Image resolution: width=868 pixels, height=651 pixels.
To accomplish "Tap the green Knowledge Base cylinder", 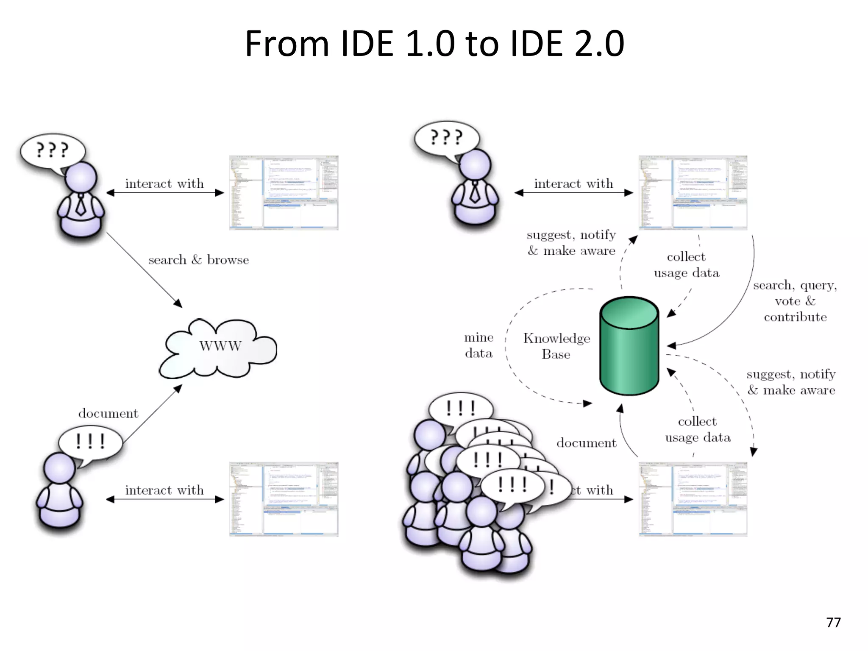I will pos(629,345).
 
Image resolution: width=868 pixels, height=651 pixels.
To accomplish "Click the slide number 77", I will pos(833,622).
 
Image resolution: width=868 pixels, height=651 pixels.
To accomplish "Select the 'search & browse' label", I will pos(198,260).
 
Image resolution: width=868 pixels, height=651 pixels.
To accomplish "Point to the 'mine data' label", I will pos(479,345).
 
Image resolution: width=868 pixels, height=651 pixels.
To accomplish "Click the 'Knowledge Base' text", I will pos(556,346).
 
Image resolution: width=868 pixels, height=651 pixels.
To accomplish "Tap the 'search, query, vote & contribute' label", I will pos(795,301).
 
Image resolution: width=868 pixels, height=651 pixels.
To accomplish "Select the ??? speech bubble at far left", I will pos(52,150).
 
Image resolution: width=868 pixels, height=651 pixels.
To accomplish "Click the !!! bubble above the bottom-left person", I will pos(90,442).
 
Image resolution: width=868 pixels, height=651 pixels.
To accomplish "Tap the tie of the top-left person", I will pos(81,206).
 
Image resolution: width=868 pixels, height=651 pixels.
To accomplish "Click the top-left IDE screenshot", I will pos(284,193).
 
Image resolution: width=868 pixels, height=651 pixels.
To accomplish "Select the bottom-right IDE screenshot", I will pos(693,499).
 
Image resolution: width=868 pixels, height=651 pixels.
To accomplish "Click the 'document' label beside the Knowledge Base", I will pos(586,443).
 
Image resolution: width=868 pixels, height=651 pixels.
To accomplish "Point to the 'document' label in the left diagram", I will pos(108,413).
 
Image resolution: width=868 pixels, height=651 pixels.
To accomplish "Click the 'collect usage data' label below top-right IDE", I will pos(686,265).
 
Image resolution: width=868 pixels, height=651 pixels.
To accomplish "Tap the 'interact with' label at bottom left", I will pos(164,490).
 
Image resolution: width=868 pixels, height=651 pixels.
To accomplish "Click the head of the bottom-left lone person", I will pos(59,468).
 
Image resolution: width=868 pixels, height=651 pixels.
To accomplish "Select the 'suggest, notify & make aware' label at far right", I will pos(791,382).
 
